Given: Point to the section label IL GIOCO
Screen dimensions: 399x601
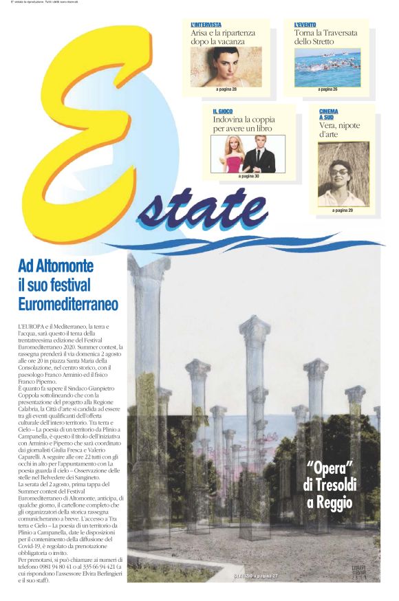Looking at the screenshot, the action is tap(224, 111).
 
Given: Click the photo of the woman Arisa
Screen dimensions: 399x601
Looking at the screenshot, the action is tap(226, 66).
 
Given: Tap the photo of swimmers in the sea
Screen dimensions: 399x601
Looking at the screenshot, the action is tap(327, 66).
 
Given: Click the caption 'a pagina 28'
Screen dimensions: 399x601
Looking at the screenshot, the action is tap(226, 89).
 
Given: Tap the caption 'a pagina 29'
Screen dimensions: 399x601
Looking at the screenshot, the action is tap(343, 210).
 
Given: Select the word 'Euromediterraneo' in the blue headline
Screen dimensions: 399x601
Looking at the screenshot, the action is tap(69, 303).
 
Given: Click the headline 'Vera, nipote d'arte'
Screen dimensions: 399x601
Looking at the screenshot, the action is tap(339, 130).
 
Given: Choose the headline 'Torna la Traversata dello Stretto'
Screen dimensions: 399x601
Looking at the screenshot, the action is tap(323, 36).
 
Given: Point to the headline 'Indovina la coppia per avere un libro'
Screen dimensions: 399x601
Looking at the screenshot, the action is tap(243, 124).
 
